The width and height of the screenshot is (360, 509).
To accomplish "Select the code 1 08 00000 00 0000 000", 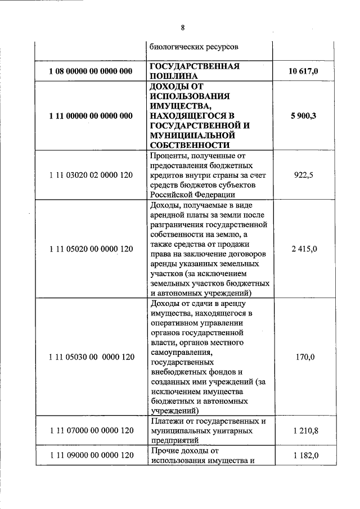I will (91, 71).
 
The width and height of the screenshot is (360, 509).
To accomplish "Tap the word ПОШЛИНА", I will (172, 75).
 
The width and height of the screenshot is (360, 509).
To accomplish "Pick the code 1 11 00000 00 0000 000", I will (91, 116).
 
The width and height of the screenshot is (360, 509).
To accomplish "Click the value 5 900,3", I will (304, 116).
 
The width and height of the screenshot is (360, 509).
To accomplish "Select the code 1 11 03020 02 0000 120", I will (91, 175).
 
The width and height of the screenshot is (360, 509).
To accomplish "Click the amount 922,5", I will (304, 175).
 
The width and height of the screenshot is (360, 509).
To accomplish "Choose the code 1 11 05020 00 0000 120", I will (91, 249).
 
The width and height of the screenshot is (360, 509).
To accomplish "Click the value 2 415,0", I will (304, 249).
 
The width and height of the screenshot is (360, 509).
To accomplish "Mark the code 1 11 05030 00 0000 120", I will (91, 357).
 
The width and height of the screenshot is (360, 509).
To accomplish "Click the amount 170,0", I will (304, 357).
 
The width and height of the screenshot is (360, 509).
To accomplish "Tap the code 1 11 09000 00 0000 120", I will (91, 456).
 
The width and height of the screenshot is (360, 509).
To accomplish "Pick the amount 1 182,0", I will (304, 456).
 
